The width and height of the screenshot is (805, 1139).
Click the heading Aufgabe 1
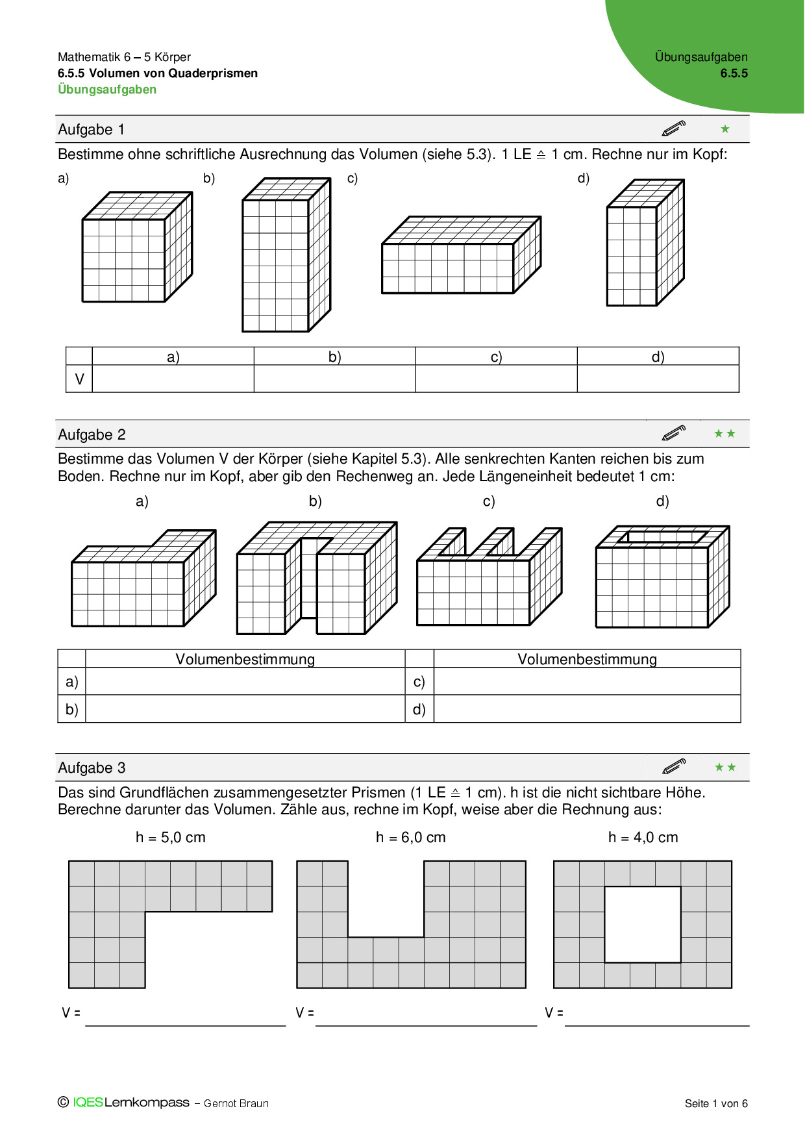(x=91, y=129)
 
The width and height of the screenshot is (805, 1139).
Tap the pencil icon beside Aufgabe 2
(x=674, y=433)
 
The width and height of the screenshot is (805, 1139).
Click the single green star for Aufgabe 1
(x=725, y=129)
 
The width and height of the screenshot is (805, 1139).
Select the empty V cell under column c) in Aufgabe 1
(x=496, y=379)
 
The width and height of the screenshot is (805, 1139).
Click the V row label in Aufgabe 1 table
(x=79, y=379)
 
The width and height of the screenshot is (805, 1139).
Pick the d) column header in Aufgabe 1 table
(x=658, y=357)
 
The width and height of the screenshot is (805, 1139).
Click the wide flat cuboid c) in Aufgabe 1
(x=461, y=256)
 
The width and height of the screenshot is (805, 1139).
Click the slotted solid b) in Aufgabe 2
(x=316, y=578)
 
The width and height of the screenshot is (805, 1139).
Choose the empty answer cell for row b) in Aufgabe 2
(x=245, y=708)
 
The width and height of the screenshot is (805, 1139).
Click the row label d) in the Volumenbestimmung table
(x=419, y=709)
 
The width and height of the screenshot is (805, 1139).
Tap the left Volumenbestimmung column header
(x=245, y=659)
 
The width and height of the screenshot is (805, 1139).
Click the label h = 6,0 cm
(x=410, y=838)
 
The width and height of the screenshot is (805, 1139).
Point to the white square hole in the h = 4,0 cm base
(x=643, y=924)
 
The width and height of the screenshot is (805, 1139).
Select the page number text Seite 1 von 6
(x=716, y=1103)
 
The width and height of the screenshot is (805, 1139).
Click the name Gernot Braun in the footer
(x=236, y=1103)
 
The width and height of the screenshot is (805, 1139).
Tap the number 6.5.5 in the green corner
(x=734, y=73)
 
